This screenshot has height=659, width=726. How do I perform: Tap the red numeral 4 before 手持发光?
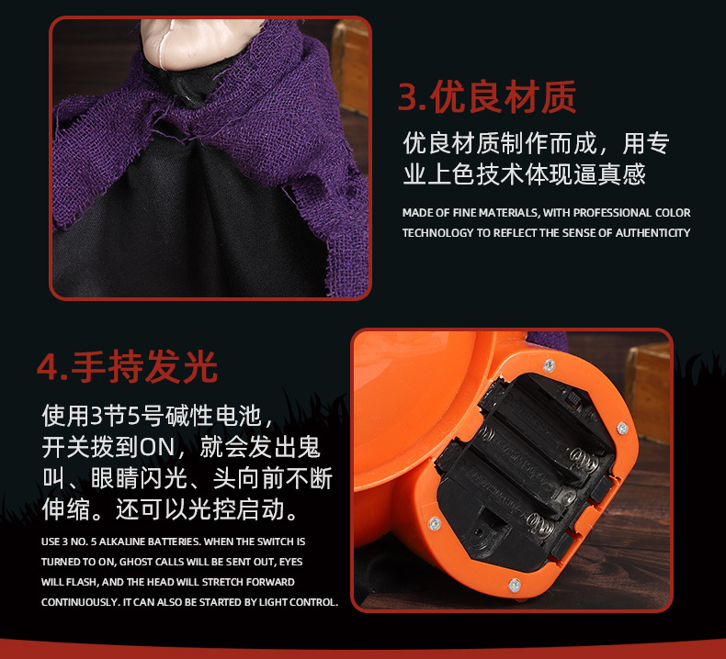coord(48,366)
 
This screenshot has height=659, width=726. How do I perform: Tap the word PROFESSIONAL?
coord(614,213)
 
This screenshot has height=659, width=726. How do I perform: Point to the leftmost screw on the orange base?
coord(435,523)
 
